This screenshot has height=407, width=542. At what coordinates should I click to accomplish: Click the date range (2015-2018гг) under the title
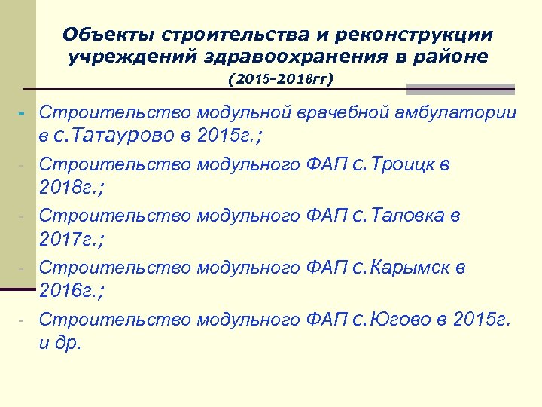pos(280,78)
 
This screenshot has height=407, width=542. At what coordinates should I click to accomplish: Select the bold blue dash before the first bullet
pos(22,113)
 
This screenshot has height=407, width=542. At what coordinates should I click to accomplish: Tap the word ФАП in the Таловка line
pos(328,216)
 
